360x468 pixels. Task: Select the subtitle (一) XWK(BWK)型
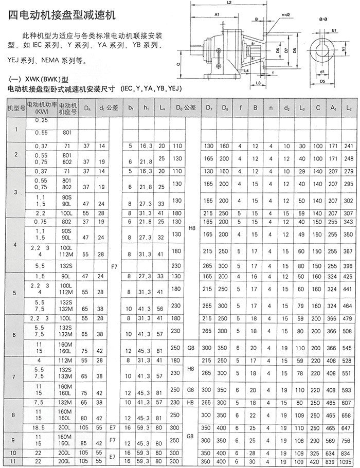point(39,80)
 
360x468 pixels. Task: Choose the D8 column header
point(224,109)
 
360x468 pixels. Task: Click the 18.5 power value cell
point(38,427)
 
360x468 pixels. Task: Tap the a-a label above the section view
point(323,19)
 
